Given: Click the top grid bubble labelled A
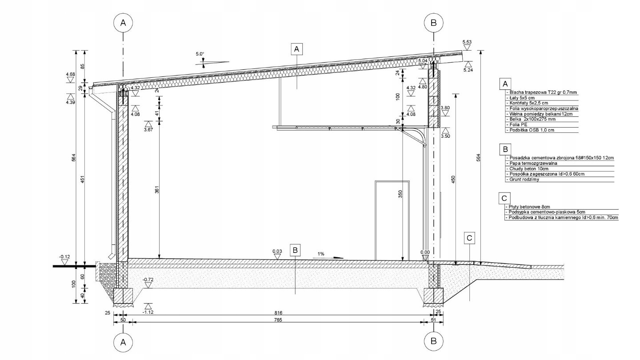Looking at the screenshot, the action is (x=123, y=23).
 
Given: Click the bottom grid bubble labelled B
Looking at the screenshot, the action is (x=433, y=341).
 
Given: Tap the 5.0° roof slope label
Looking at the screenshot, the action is (x=200, y=54).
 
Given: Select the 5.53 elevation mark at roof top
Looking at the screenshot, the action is (x=467, y=42).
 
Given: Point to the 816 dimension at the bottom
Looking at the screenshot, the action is (x=278, y=313).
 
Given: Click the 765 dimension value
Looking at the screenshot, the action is (x=278, y=320).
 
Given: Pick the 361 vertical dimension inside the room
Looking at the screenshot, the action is (x=157, y=190).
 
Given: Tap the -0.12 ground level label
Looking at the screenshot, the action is (x=64, y=257).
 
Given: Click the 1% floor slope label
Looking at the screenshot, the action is (x=320, y=254).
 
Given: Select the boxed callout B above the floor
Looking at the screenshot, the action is (x=295, y=250).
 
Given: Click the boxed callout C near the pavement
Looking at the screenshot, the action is (x=469, y=238).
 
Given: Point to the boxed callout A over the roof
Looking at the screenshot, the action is (x=296, y=49).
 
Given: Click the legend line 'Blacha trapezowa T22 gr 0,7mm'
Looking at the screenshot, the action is (x=542, y=92).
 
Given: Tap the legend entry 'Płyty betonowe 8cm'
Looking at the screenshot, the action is (x=528, y=207).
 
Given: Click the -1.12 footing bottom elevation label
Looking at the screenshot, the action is (x=148, y=312).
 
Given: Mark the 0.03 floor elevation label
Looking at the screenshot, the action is (x=277, y=252).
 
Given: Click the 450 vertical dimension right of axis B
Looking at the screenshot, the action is (x=453, y=180).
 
